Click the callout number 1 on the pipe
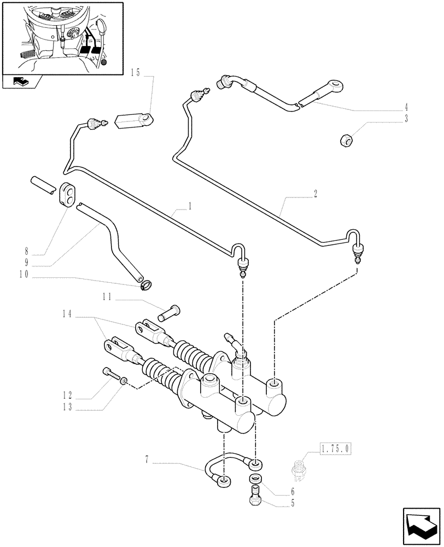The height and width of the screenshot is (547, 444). pyautogui.click(x=189, y=207)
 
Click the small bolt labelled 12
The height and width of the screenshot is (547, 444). pyautogui.click(x=109, y=374)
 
